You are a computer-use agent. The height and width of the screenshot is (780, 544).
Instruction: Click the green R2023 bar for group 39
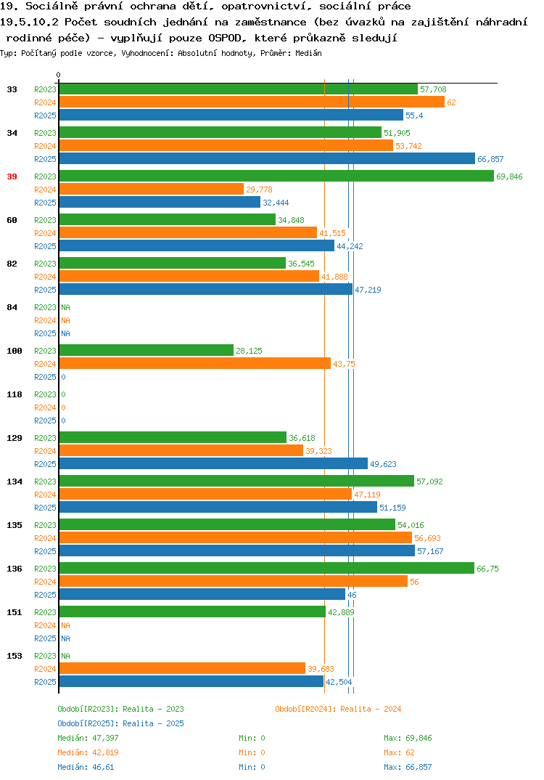277,176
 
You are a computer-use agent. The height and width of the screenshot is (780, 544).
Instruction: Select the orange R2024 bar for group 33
252,102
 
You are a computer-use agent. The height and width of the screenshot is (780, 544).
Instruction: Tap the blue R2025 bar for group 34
267,158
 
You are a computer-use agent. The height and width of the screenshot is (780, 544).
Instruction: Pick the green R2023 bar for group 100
147,350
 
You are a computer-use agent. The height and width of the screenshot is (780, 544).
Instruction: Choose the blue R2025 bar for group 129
214,463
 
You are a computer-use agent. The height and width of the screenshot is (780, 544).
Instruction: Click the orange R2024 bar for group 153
182,669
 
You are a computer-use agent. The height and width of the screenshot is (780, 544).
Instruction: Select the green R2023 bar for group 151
193,612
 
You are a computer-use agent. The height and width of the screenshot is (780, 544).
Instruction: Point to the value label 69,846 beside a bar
509,176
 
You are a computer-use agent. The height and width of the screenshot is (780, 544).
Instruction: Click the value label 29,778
260,190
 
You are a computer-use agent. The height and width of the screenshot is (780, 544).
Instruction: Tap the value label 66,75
488,569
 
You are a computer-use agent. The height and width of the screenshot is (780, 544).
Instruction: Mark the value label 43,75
345,364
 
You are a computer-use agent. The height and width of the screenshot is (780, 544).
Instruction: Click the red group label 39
12,176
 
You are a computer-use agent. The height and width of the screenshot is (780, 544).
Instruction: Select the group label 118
15,394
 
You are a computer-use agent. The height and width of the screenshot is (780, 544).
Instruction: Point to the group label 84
12,307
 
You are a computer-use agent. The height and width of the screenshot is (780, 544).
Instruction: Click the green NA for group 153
65,656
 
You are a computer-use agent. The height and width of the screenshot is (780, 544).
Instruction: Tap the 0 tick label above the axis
59,75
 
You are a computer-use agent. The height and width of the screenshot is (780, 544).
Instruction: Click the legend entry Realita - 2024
338,709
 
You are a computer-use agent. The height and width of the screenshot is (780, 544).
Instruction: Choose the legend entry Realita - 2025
120,723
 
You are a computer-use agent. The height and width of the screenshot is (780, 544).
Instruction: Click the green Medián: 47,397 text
88,738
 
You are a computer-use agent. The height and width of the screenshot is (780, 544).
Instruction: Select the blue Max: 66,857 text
408,767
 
